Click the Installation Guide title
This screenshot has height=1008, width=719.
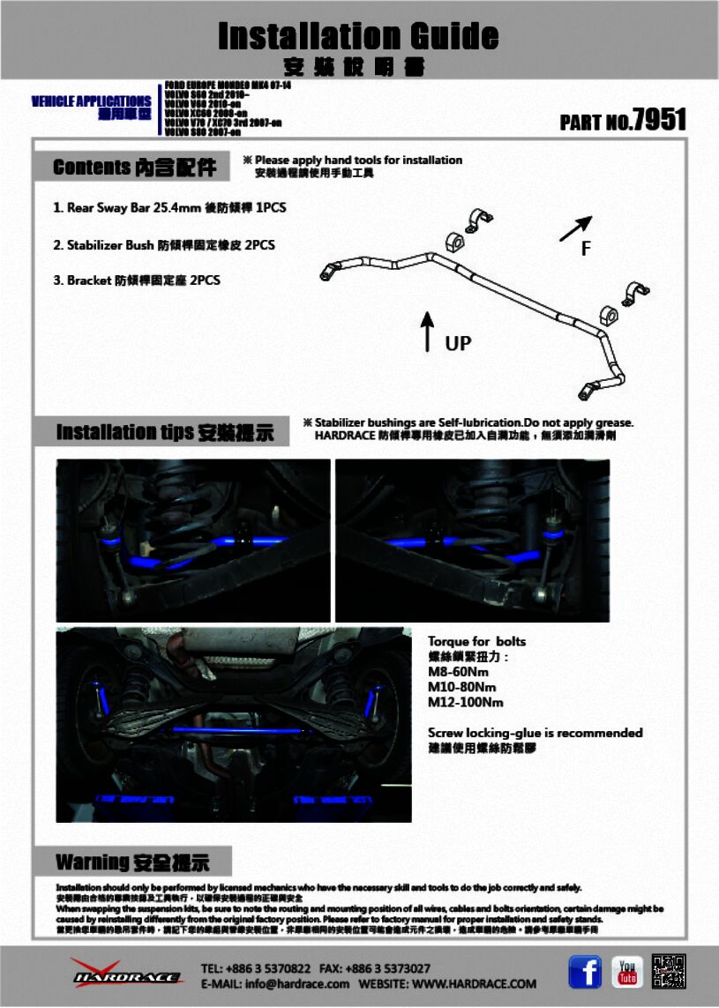(358, 36)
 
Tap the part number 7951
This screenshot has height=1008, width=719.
(660, 120)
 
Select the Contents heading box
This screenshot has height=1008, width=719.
(135, 168)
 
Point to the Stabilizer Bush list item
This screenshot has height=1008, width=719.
(164, 244)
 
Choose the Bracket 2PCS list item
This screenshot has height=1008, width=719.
(137, 280)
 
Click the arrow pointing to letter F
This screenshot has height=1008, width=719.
(575, 228)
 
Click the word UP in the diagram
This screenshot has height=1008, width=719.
(458, 343)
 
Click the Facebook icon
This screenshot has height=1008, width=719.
(585, 972)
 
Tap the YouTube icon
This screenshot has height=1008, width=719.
(627, 972)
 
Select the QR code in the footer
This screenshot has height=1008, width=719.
(669, 971)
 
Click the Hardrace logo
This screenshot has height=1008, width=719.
(126, 973)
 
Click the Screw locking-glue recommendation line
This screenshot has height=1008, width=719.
(535, 733)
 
